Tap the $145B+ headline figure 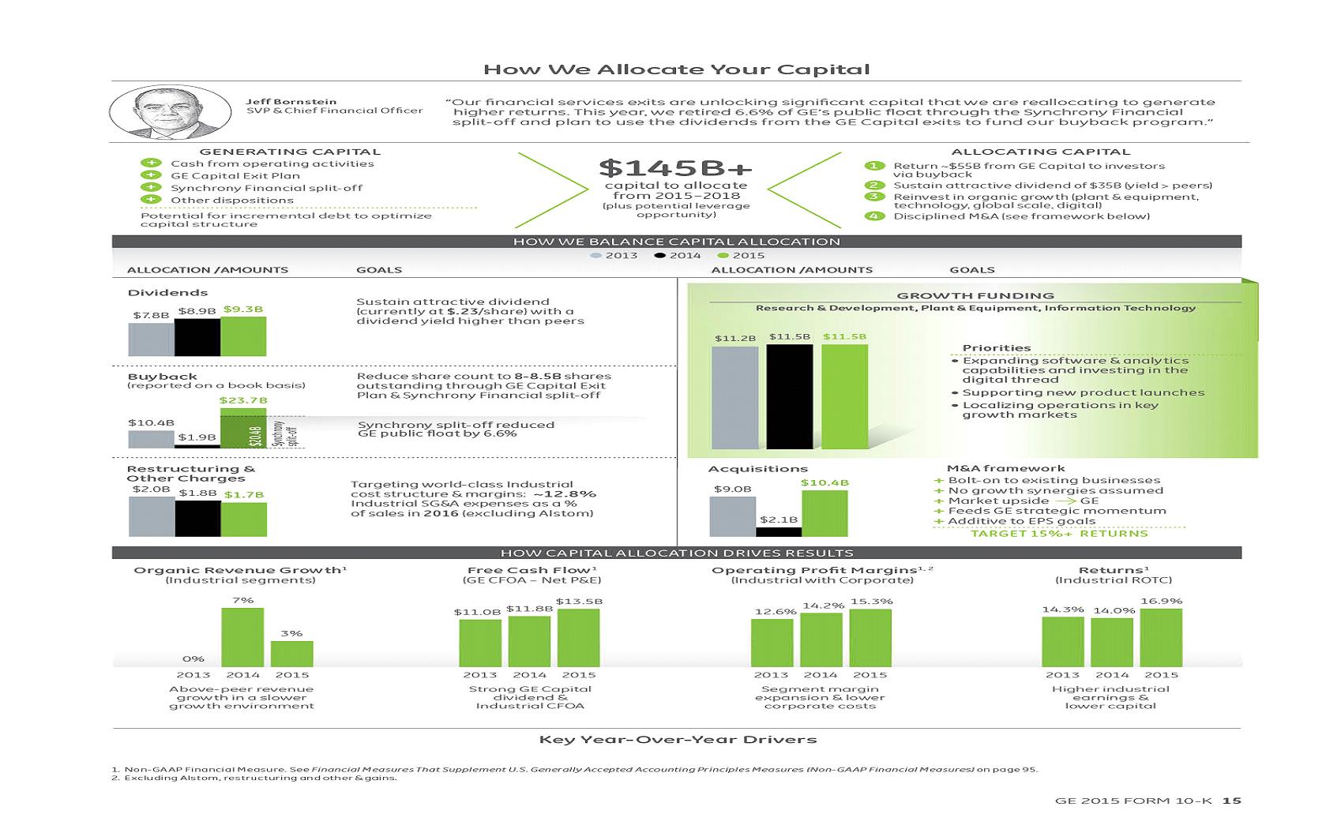click(675, 167)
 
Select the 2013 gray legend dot click(596, 255)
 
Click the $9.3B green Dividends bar click(243, 336)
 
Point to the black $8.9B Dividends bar click(197, 337)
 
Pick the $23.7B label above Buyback click(243, 400)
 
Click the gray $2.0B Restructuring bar click(152, 516)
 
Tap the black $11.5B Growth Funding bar click(790, 396)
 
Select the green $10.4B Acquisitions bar click(825, 513)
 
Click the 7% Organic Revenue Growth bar click(242, 637)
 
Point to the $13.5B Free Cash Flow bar click(578, 638)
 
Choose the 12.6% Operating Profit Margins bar click(772, 643)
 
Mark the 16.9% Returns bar click(1161, 638)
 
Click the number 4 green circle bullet click(873, 216)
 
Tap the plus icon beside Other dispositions click(150, 200)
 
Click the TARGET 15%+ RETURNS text click(1059, 533)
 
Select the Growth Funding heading click(975, 295)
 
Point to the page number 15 click(1232, 801)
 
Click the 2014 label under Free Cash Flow click(529, 675)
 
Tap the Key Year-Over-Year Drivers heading click(678, 740)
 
